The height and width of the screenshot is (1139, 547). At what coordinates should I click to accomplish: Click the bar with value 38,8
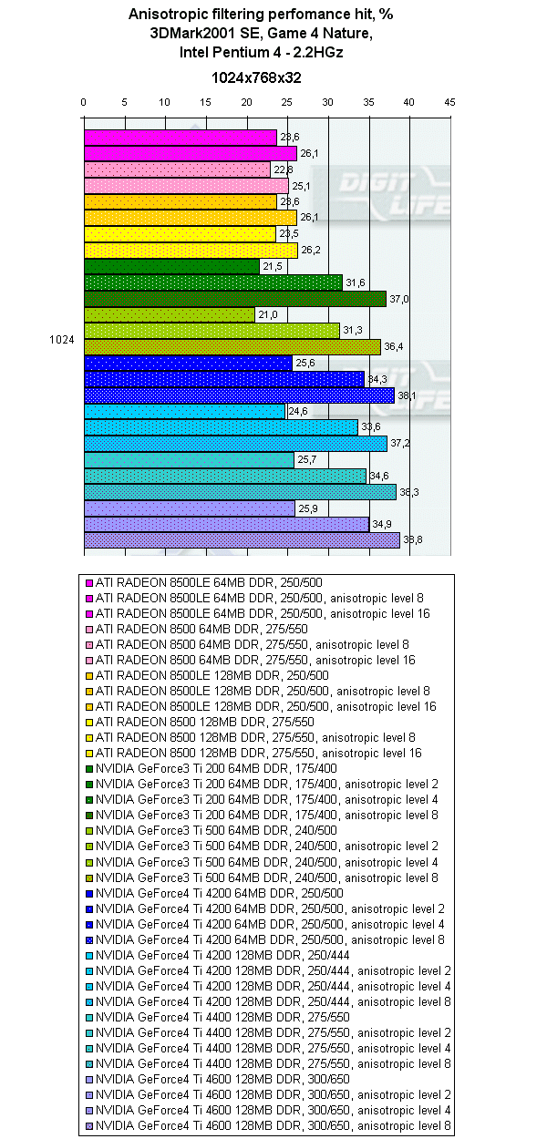[242, 540]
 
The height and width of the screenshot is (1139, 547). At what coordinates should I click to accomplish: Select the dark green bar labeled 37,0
[234, 299]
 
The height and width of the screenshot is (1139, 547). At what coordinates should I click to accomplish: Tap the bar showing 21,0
[170, 314]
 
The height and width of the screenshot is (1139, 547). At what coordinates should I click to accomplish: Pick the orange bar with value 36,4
[232, 347]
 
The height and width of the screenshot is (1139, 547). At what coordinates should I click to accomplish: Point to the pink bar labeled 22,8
[177, 169]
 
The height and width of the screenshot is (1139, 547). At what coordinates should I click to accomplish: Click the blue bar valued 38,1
[239, 395]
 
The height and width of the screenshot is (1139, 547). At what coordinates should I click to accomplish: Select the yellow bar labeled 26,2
[191, 251]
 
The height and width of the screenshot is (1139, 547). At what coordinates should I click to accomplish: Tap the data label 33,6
[370, 427]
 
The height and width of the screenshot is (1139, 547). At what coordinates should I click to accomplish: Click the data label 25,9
[307, 508]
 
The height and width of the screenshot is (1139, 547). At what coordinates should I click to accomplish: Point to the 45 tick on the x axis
[449, 103]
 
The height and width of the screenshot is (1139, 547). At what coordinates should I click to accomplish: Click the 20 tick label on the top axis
[246, 103]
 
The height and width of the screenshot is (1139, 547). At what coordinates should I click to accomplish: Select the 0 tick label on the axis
[84, 103]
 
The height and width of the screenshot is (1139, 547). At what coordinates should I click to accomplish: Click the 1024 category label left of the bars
[61, 339]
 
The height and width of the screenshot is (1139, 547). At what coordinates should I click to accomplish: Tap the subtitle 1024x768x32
[256, 78]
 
